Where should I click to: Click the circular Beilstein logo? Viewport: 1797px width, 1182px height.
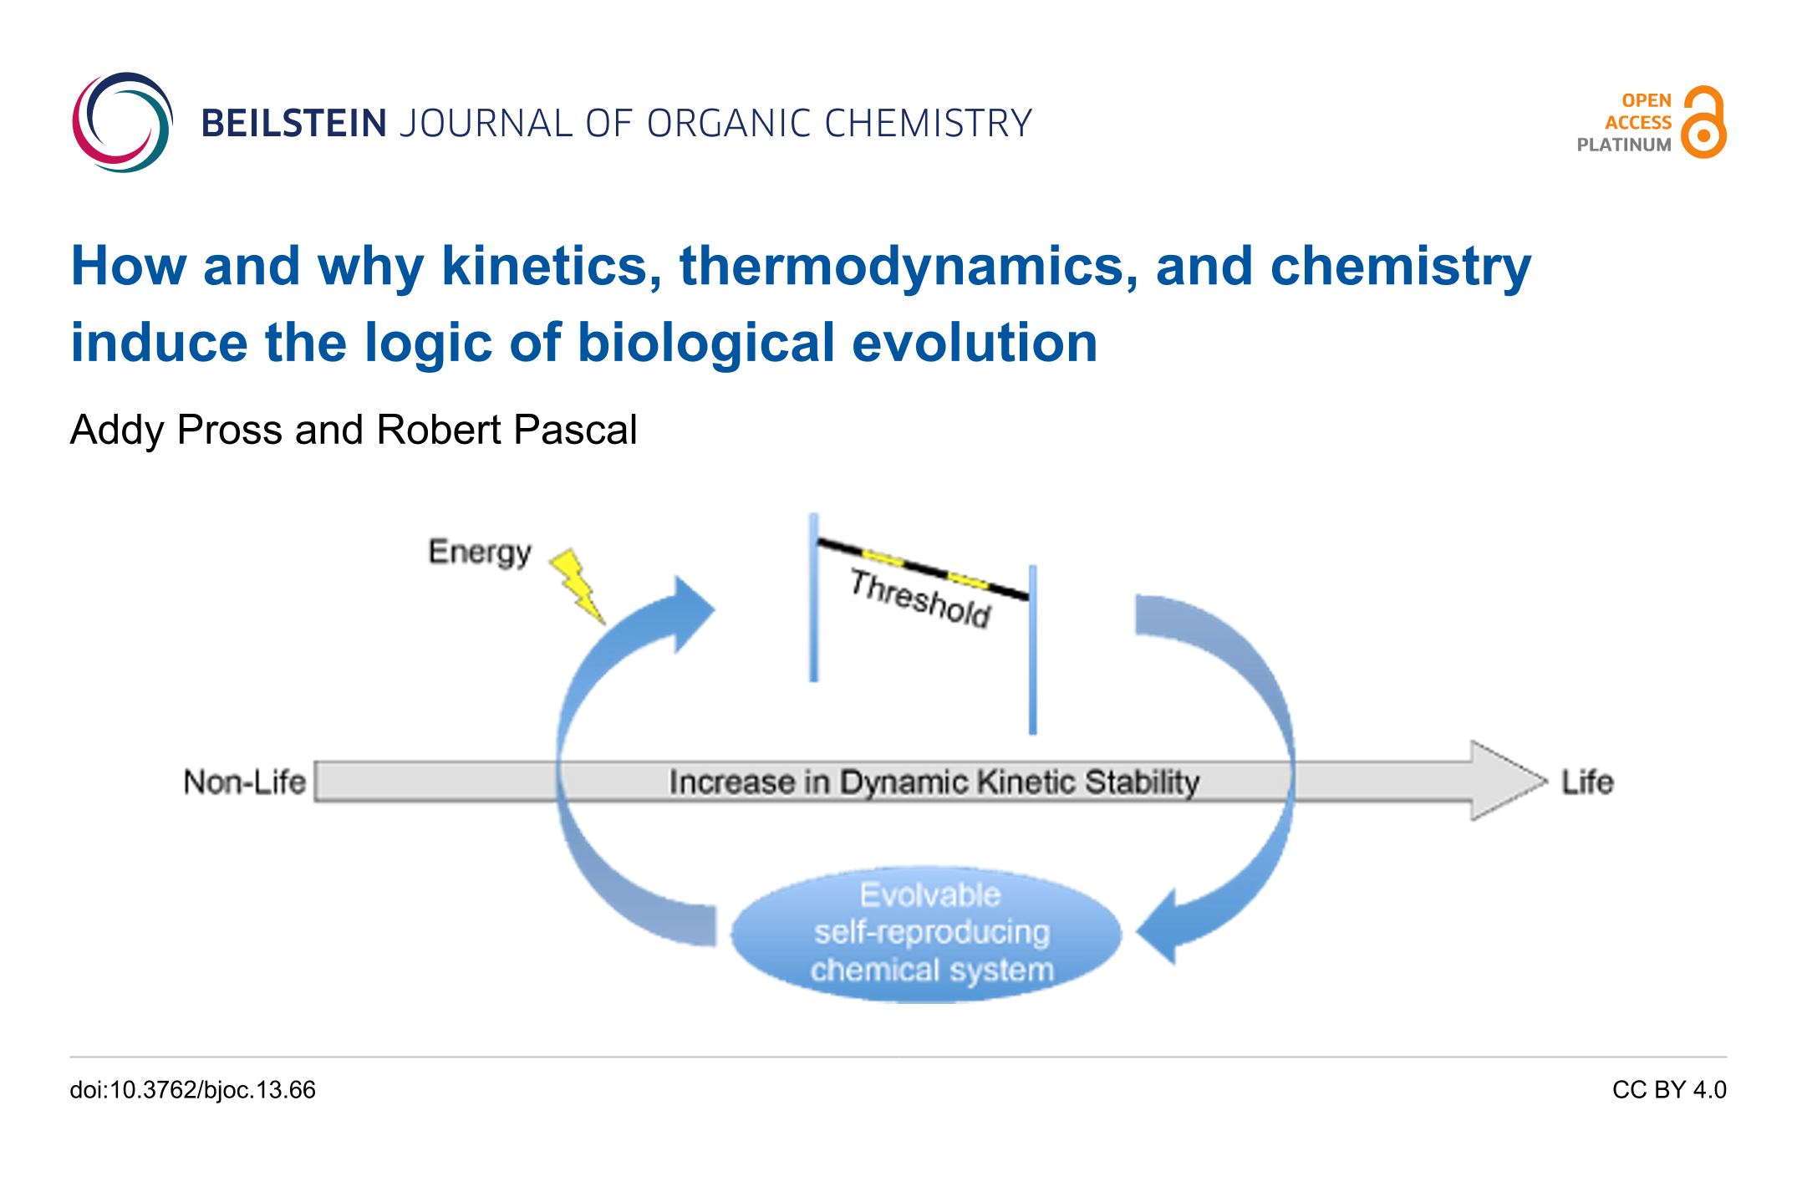point(122,123)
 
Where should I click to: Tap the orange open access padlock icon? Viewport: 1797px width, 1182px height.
point(1703,122)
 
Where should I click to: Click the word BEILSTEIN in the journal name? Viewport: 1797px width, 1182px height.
point(293,124)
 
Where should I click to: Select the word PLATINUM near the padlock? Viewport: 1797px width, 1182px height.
point(1624,145)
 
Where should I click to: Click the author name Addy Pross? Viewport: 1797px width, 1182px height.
point(176,430)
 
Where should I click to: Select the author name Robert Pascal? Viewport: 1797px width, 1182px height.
point(507,430)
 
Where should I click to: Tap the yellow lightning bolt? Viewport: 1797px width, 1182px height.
point(578,586)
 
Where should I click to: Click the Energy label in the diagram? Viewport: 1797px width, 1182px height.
point(480,553)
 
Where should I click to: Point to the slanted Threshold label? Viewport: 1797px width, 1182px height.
point(920,598)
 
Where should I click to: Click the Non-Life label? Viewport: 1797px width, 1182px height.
point(245,782)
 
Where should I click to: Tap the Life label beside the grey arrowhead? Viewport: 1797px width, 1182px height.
point(1587,782)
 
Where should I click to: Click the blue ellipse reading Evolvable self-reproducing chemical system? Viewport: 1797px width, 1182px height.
point(927,934)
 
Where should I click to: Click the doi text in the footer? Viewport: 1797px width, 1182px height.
point(193,1090)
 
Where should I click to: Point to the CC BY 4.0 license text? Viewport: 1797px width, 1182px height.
point(1669,1090)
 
